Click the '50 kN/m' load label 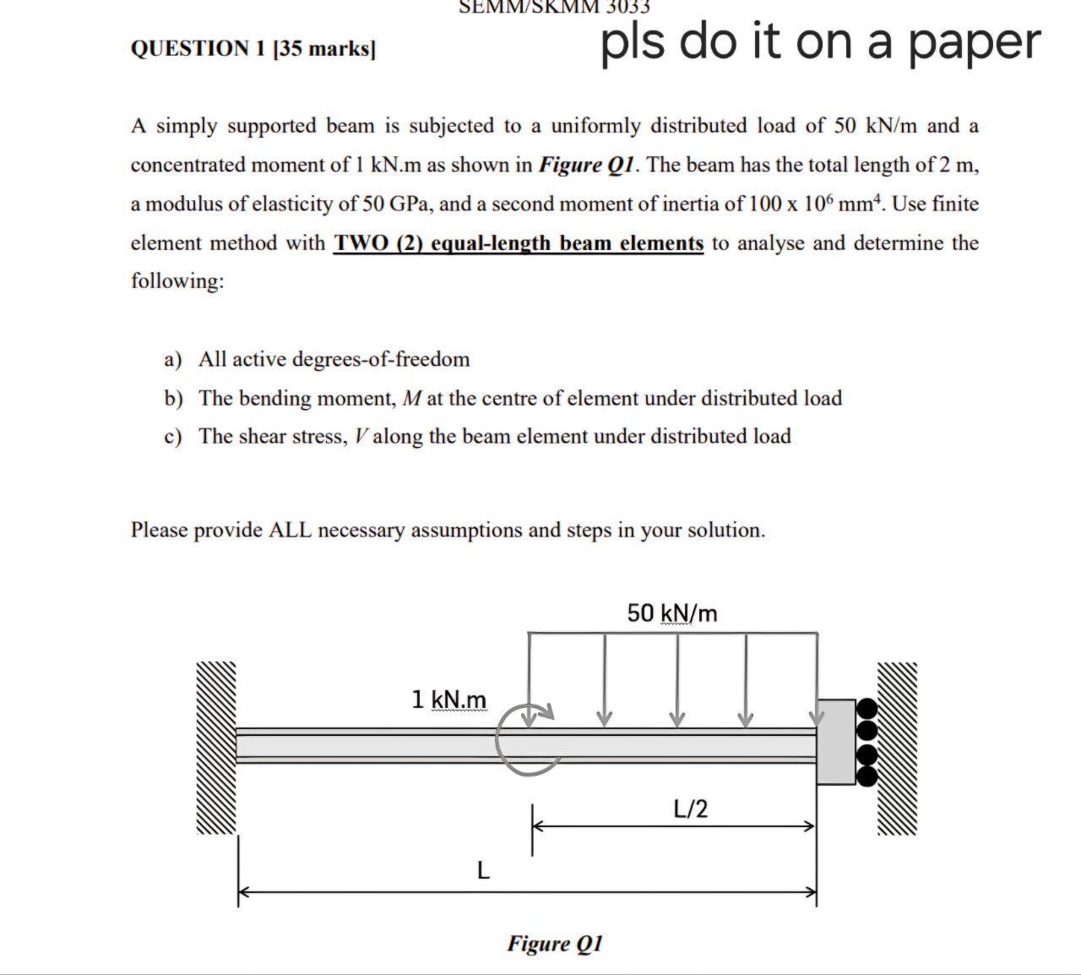(672, 613)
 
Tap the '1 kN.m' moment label (448, 700)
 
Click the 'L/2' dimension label (691, 809)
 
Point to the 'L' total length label (482, 869)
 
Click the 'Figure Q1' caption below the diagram (555, 943)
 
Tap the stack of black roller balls (867, 742)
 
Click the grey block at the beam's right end (836, 742)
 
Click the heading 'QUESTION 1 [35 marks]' (253, 48)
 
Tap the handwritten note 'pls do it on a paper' (820, 41)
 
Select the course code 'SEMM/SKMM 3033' (555, 7)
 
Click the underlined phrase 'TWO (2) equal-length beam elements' (519, 243)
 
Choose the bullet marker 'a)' (173, 360)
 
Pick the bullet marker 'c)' (173, 437)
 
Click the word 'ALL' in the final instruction (290, 531)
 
